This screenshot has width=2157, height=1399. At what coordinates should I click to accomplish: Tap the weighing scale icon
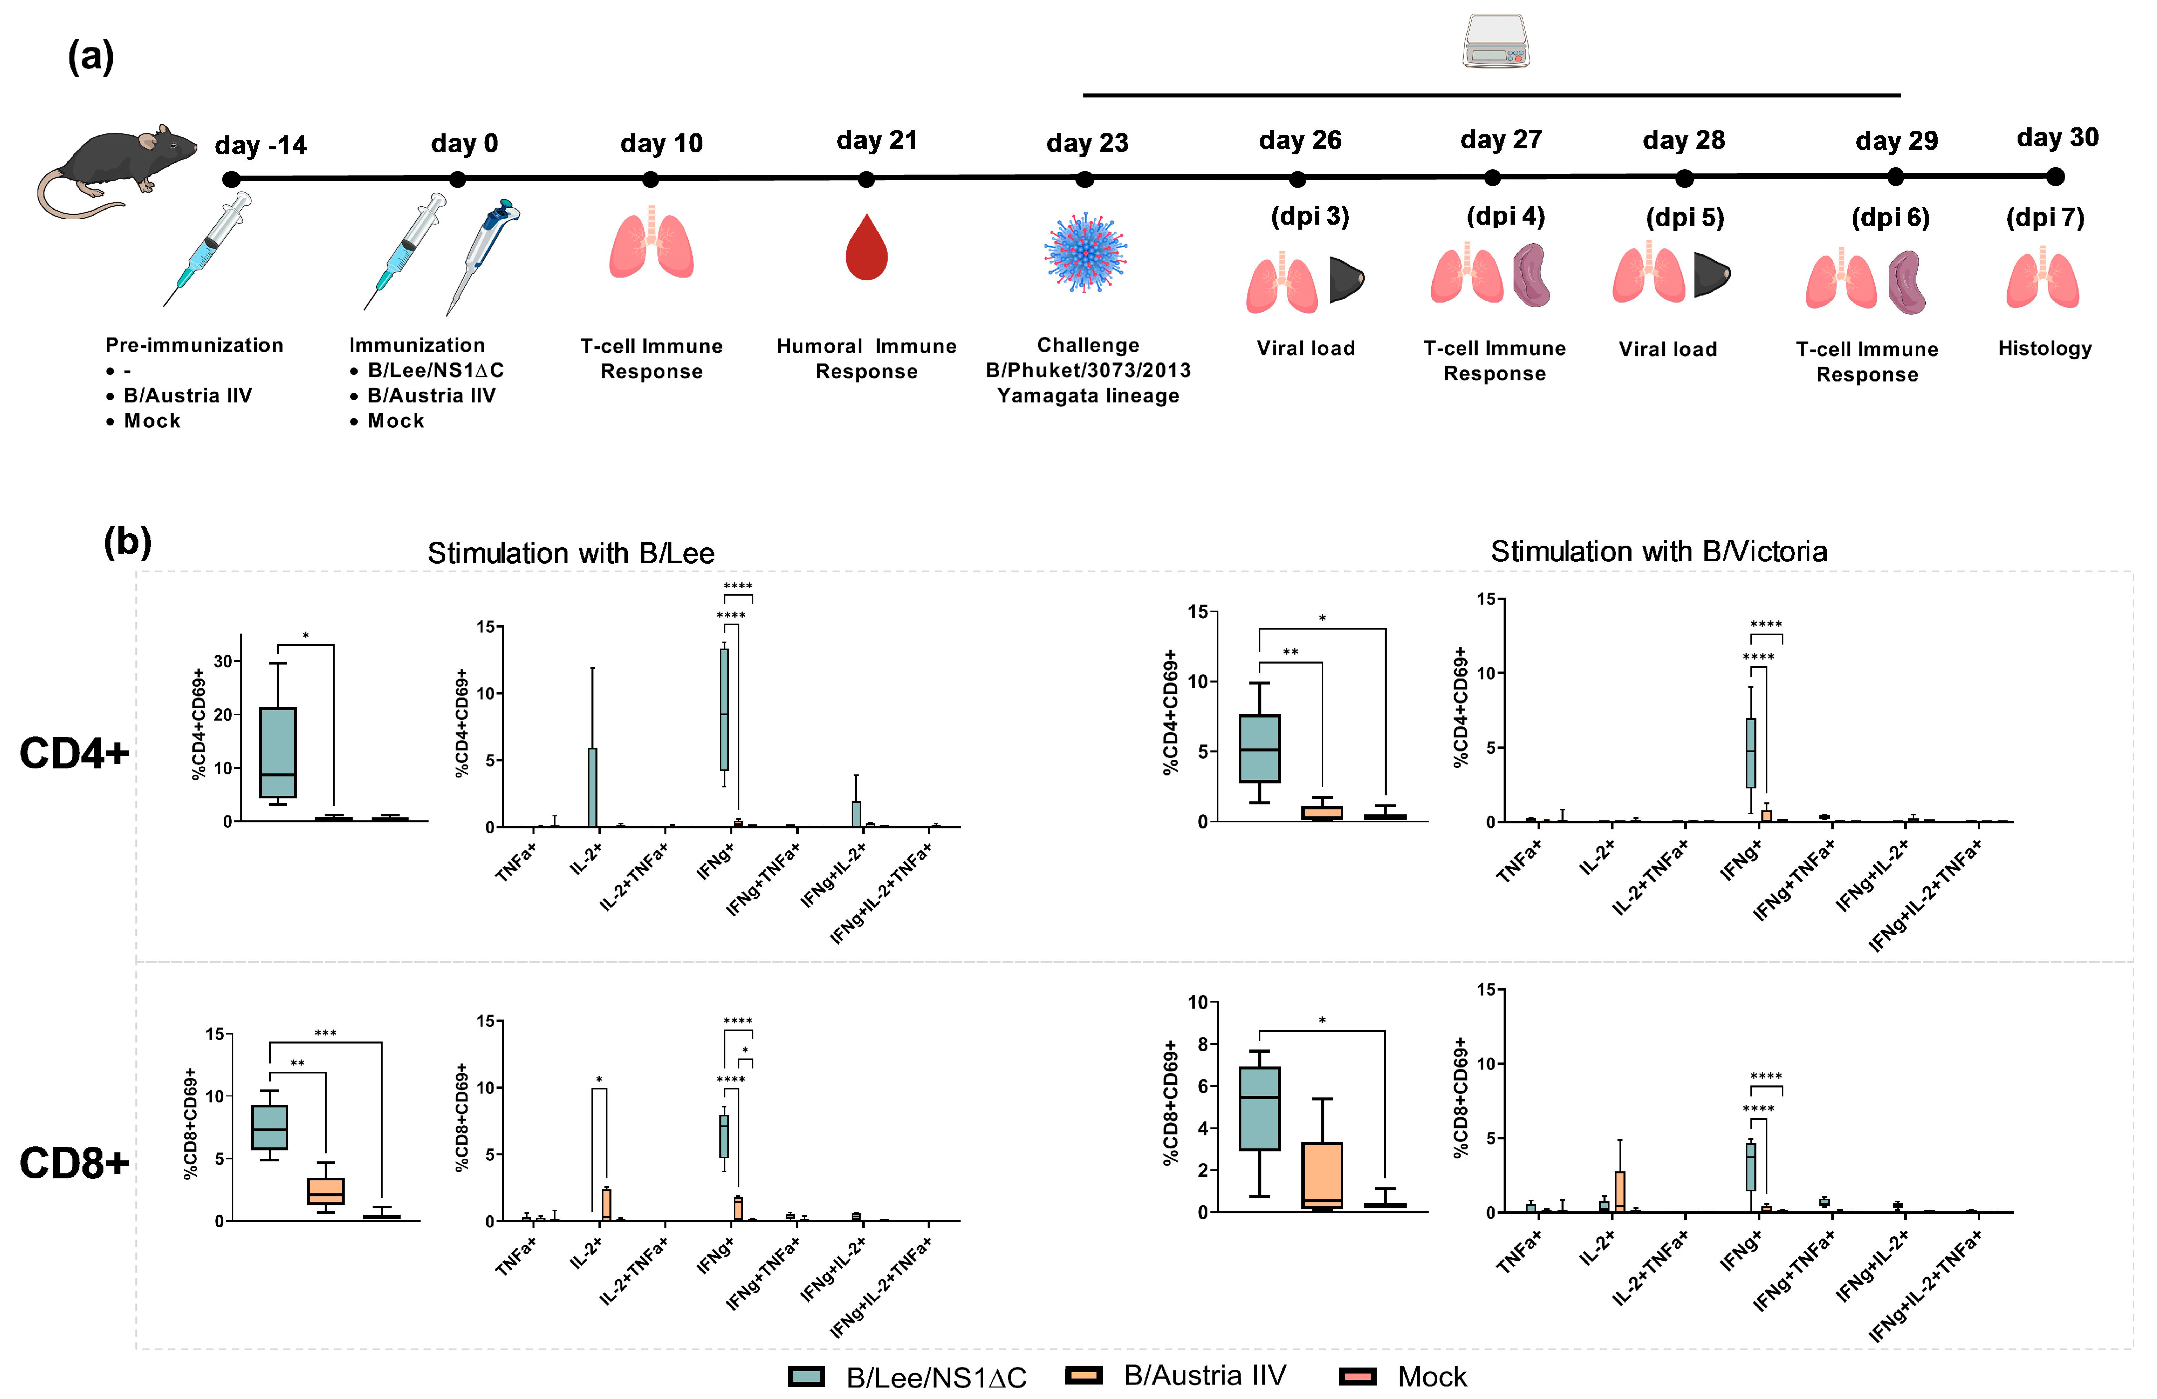pyautogui.click(x=1496, y=42)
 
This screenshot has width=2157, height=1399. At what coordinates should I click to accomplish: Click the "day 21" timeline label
pyautogui.click(x=876, y=140)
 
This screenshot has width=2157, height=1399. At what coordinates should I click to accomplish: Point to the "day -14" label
pyautogui.click(x=260, y=145)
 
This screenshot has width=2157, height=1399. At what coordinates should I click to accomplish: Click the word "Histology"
pyautogui.click(x=2045, y=348)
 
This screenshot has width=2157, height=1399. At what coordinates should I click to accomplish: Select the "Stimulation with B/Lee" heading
pyautogui.click(x=571, y=553)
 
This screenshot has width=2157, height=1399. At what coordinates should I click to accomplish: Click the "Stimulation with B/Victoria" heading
pyautogui.click(x=1658, y=551)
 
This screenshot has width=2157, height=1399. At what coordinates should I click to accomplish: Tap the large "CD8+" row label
pyautogui.click(x=74, y=1162)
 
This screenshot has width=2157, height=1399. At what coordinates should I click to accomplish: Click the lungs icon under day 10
pyautogui.click(x=651, y=245)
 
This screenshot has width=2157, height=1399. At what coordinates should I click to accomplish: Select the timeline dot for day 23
pyautogui.click(x=1084, y=179)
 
